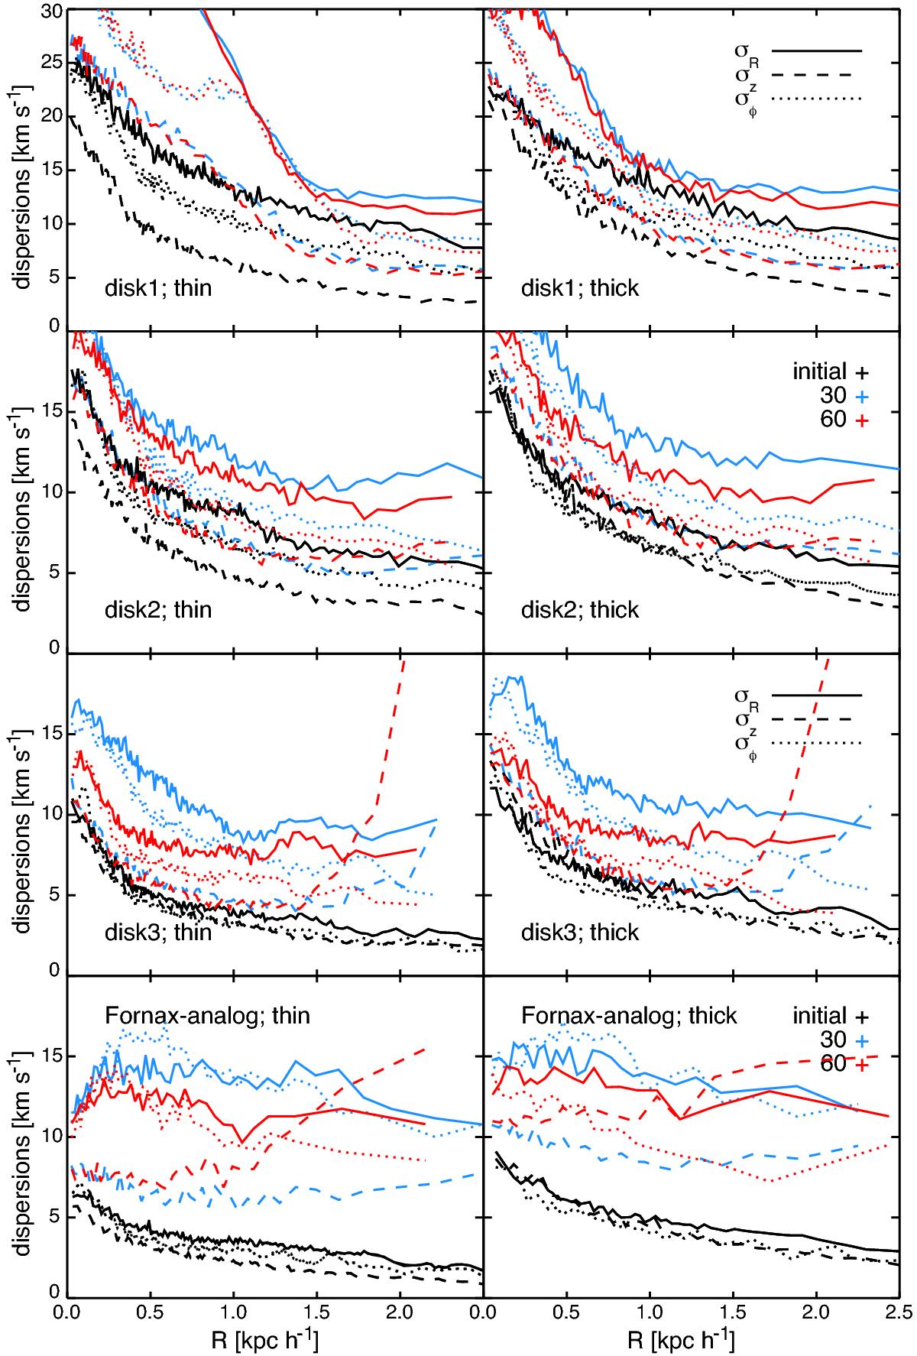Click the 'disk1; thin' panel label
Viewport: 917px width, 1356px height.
pos(158,289)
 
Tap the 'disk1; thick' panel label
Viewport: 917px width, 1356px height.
pos(579,289)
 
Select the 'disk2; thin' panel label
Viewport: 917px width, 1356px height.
pos(158,610)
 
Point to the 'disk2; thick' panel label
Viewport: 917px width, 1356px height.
pos(579,610)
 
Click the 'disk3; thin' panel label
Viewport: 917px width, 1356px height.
pos(158,933)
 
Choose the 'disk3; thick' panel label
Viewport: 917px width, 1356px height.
pos(579,933)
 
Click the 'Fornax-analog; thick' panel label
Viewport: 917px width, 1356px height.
pos(629,1015)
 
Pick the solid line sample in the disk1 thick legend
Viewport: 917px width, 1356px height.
pos(817,51)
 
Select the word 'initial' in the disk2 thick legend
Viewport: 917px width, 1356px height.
pos(818,372)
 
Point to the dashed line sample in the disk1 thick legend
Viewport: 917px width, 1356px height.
pos(817,75)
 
